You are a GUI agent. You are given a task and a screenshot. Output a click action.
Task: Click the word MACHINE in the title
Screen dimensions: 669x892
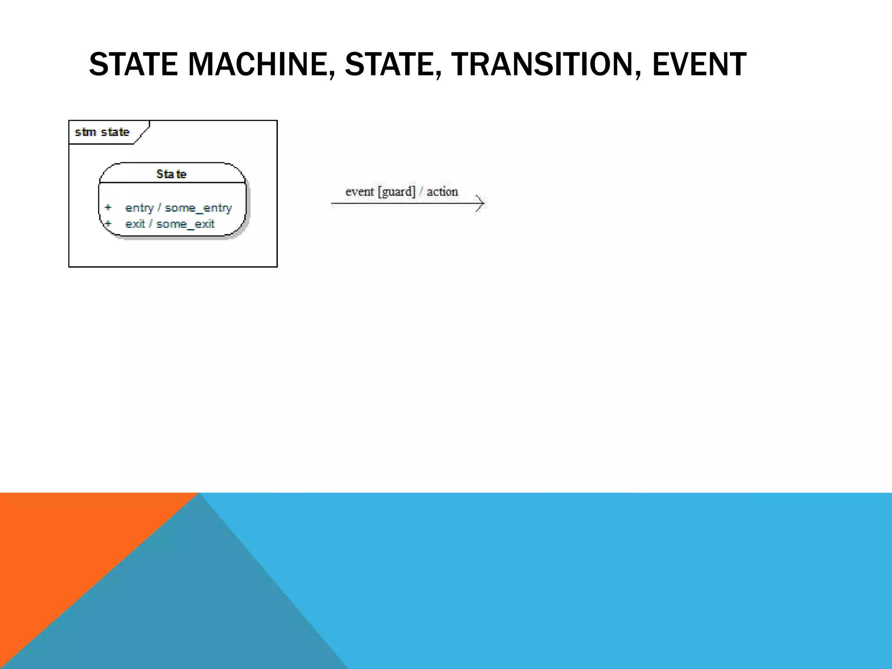[x=257, y=64]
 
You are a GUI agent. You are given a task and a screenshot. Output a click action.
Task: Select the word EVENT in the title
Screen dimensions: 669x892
[x=699, y=64]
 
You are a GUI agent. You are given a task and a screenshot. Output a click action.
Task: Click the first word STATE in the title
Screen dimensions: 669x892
[x=133, y=64]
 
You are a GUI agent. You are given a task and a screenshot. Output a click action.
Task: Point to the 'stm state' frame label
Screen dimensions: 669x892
[x=102, y=132]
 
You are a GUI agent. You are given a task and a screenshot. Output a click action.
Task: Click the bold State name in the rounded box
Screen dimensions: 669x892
[x=171, y=174]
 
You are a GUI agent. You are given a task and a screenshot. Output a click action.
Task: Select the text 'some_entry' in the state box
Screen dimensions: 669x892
[x=198, y=208]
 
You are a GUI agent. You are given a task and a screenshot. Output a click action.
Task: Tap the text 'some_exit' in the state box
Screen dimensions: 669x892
[x=185, y=224]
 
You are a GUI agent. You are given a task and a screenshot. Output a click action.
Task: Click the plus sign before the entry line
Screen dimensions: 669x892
[x=108, y=207]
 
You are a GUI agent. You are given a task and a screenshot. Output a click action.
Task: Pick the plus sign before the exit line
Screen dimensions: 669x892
[x=108, y=223]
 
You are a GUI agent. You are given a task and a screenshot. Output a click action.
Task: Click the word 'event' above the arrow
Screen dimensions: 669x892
[x=359, y=192]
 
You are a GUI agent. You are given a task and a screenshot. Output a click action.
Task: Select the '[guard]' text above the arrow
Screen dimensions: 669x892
[x=396, y=192]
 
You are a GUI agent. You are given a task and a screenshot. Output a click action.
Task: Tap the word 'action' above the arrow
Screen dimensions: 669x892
[x=442, y=192]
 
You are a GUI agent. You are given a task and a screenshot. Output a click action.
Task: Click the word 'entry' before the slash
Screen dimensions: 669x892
[x=139, y=208]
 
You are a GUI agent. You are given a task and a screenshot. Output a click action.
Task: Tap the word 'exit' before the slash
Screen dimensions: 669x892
[x=135, y=224]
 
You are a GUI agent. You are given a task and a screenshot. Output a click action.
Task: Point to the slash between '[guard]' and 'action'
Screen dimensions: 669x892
[x=421, y=192]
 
